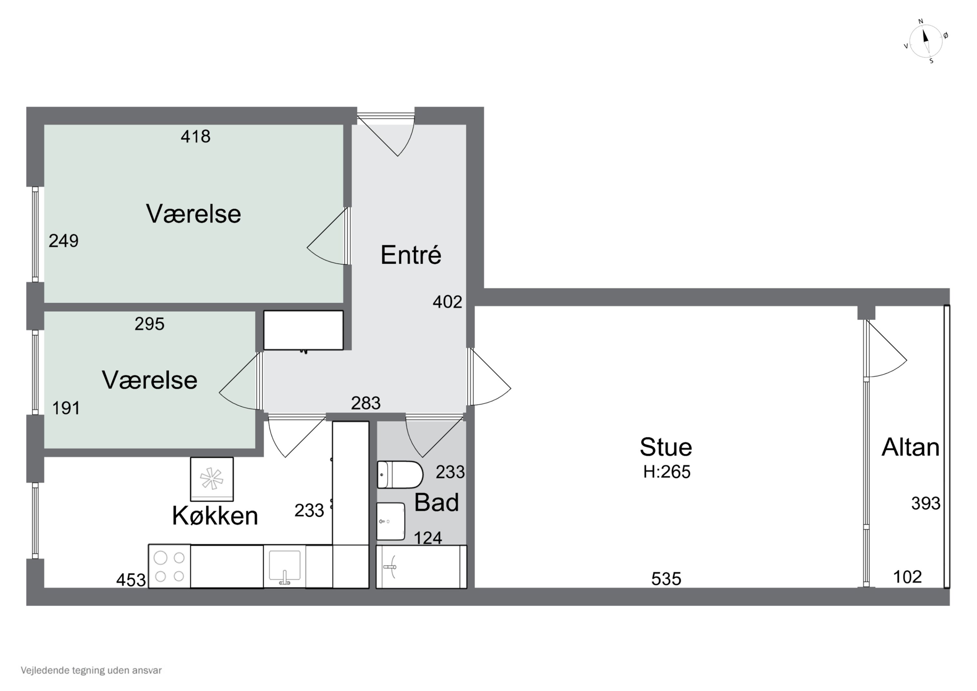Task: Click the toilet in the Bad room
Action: coord(400,474)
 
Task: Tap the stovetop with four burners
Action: coord(169,566)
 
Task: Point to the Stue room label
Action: coord(666,447)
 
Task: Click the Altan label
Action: coord(910,447)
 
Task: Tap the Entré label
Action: coord(411,255)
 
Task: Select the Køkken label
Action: coord(215,516)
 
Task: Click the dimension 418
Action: coord(195,137)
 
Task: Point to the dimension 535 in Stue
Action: coord(666,579)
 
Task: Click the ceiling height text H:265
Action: coord(666,472)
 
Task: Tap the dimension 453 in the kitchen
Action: coord(131,580)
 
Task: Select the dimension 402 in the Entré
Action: coord(447,302)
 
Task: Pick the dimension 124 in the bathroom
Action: coord(428,538)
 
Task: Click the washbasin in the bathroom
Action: coord(390,521)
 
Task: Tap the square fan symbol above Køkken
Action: coord(211,479)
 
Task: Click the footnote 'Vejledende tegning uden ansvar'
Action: coord(91,670)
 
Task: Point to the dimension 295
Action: coord(149,324)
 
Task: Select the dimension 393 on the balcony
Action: coord(926,504)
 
